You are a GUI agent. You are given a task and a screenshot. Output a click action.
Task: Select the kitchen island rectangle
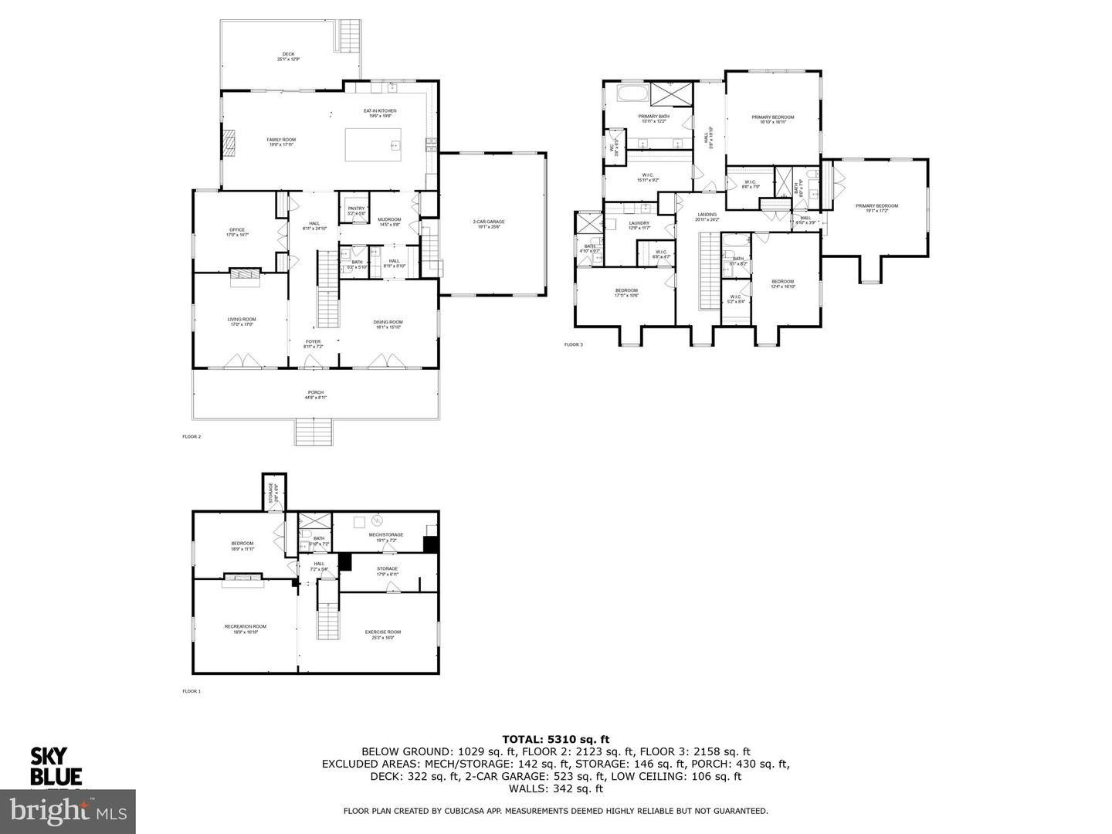pos(374,144)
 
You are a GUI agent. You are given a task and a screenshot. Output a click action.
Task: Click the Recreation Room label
pos(245,629)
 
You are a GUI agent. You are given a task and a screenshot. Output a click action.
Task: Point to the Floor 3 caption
pos(574,344)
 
